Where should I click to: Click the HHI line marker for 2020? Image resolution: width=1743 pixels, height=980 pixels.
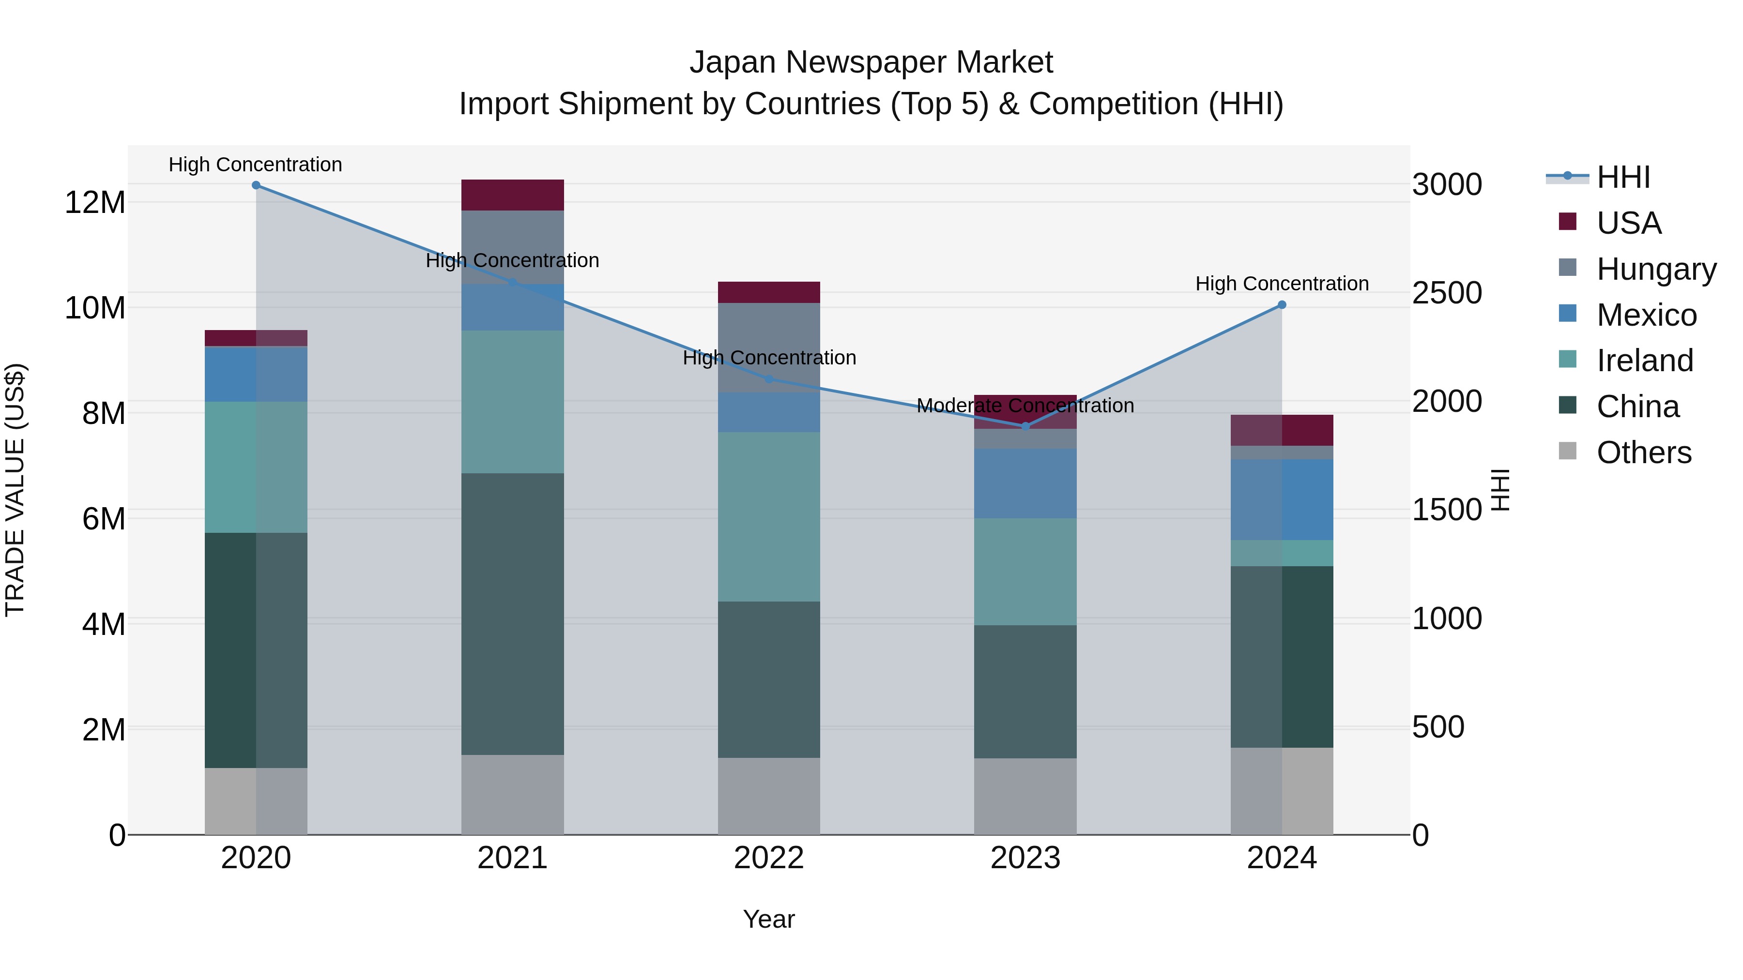pyautogui.click(x=256, y=185)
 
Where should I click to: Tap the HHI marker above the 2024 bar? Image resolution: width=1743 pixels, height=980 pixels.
pyautogui.click(x=1282, y=305)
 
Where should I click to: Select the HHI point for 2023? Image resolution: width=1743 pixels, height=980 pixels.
pyautogui.click(x=1025, y=426)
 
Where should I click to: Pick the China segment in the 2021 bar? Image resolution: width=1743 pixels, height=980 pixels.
pyautogui.click(x=512, y=614)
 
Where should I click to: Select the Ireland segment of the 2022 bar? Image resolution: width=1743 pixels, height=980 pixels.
pyautogui.click(x=769, y=517)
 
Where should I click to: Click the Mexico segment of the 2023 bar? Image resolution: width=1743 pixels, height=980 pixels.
pyautogui.click(x=1025, y=483)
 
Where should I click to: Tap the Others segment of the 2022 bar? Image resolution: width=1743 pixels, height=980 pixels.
pyautogui.click(x=769, y=796)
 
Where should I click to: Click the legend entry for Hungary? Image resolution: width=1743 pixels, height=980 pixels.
pyautogui.click(x=1656, y=269)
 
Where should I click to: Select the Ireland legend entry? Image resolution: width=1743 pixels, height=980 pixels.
pyautogui.click(x=1644, y=361)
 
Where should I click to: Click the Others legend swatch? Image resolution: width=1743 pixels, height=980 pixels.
pyautogui.click(x=1567, y=451)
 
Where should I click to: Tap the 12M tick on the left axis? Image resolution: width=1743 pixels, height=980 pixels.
pyautogui.click(x=95, y=202)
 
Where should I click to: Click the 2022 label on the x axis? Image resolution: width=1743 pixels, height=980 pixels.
pyautogui.click(x=769, y=858)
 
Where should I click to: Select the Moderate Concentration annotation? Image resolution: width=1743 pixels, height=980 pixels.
pyautogui.click(x=1025, y=406)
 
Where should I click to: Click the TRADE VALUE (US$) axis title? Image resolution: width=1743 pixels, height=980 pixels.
pyautogui.click(x=15, y=490)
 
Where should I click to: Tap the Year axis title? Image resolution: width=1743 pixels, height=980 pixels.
pyautogui.click(x=769, y=919)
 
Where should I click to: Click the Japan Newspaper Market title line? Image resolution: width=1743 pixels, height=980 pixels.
pyautogui.click(x=871, y=62)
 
